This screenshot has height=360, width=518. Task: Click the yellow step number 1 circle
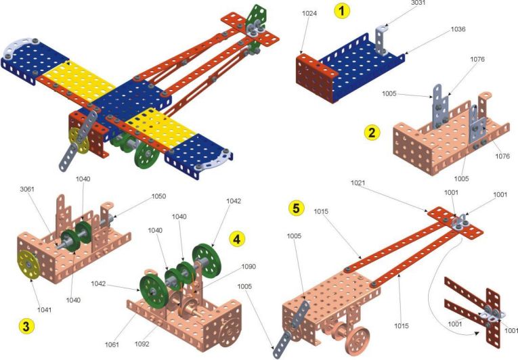(x=341, y=11)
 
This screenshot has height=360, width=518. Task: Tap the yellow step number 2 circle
(x=372, y=133)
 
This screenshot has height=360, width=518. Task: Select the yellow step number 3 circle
(x=26, y=326)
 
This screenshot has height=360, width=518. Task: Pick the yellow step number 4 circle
(x=237, y=238)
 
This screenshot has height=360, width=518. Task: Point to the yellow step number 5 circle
(x=297, y=208)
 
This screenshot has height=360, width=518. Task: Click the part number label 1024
(x=309, y=14)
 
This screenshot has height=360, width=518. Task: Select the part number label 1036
(x=458, y=29)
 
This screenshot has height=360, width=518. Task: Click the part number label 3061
(x=27, y=189)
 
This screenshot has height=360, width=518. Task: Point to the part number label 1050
(x=158, y=196)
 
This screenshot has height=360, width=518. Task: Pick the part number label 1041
(x=44, y=310)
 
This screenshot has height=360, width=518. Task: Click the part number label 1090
(x=249, y=267)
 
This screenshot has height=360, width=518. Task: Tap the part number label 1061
(x=112, y=344)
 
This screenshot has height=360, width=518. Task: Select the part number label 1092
(x=142, y=344)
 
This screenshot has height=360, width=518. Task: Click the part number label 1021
(x=358, y=183)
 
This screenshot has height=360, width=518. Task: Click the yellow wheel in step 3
(x=28, y=265)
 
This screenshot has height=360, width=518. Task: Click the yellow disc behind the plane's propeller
(x=79, y=141)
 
